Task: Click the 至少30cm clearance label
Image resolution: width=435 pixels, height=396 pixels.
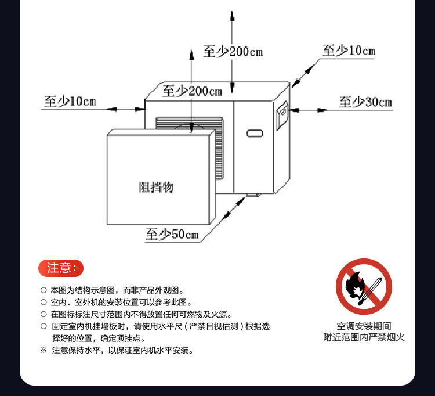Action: [x=365, y=103]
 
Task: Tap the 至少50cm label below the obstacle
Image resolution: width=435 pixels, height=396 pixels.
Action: [x=172, y=235]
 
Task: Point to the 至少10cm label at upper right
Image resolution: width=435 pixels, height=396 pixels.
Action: [x=349, y=51]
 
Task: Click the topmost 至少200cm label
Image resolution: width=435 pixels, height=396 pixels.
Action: [x=233, y=51]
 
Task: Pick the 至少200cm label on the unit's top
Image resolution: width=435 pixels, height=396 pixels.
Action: [x=192, y=91]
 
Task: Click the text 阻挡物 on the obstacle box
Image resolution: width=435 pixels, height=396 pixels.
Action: [x=156, y=187]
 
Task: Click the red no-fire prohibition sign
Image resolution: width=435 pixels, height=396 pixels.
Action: [x=364, y=287]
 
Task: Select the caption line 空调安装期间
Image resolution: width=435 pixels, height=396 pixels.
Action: [x=364, y=326]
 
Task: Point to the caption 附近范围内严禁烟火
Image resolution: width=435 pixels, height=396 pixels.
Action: [x=364, y=337]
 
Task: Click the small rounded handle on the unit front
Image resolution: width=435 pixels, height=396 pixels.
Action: [x=255, y=134]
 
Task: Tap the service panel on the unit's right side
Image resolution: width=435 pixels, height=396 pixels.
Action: [x=282, y=116]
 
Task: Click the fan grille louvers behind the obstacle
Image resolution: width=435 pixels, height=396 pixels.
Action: [x=188, y=123]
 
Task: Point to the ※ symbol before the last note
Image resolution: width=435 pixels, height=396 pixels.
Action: [x=43, y=350]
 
